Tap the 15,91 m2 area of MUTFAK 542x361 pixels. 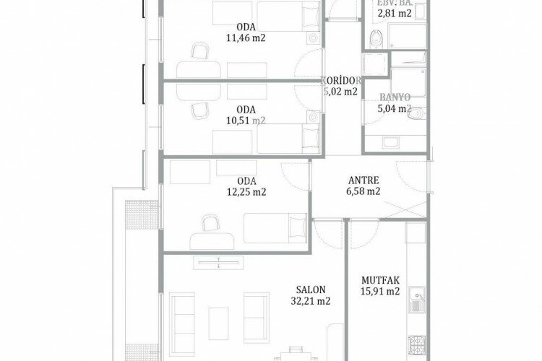pos(380,292)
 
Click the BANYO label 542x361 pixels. pos(395,97)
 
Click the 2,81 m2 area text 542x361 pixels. pos(396,13)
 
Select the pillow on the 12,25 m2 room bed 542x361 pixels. pos(296,229)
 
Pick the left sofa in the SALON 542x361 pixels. pos(182,313)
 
